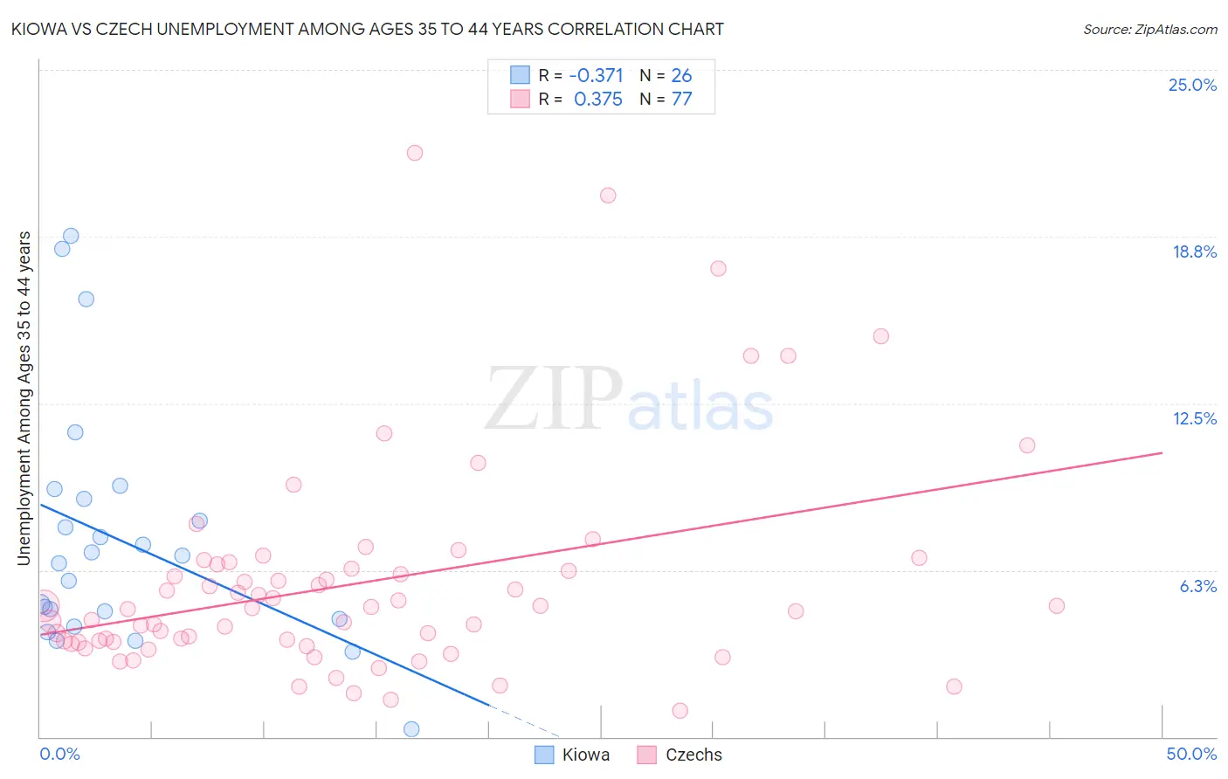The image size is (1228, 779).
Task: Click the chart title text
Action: tap(367, 29)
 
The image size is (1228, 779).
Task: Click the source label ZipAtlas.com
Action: tap(1149, 29)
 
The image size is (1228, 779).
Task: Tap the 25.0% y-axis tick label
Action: tap(1192, 85)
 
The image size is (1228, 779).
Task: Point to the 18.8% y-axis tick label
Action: tap(1194, 252)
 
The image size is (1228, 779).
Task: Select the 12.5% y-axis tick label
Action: tap(1194, 418)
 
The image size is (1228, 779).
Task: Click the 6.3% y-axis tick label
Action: tap(1197, 586)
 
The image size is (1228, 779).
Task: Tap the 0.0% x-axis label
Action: tap(59, 754)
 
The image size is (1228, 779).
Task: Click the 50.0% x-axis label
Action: tap(1191, 754)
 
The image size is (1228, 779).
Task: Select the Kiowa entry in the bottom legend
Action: tap(585, 755)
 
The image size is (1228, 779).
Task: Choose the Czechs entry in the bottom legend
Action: tap(693, 755)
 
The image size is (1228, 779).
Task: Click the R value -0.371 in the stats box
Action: tap(596, 76)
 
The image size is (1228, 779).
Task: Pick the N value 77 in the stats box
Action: tap(681, 99)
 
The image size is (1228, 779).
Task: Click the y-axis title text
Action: tap(24, 398)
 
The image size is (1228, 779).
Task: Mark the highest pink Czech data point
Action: tap(415, 153)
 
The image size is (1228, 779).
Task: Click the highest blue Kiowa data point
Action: tap(71, 236)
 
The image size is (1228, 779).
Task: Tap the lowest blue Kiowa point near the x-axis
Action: tap(411, 729)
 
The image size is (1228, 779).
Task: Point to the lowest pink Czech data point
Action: tap(680, 711)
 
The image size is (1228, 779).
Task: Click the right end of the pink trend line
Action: tap(1162, 452)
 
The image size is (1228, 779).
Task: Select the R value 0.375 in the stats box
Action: tap(597, 99)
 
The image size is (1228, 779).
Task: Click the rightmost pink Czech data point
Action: tap(1057, 606)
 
